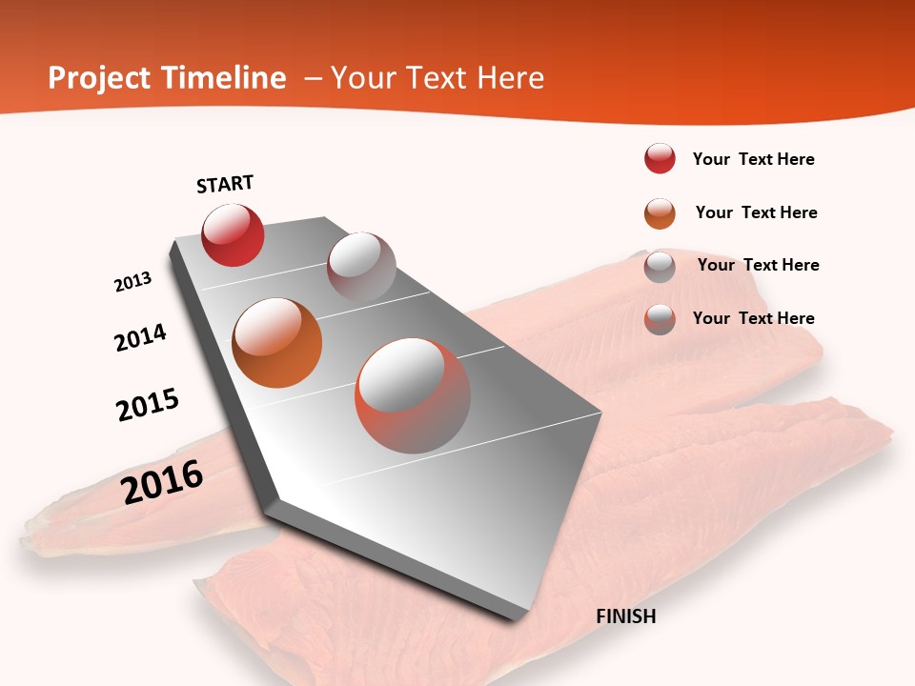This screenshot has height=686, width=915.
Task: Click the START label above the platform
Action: tap(225, 184)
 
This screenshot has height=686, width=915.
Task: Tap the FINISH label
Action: tap(626, 616)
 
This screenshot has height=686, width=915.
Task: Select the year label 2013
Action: tap(132, 282)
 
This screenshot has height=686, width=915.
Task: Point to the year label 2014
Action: tap(140, 337)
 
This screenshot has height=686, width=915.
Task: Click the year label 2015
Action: tap(148, 404)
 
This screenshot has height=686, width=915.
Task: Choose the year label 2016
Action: tap(162, 482)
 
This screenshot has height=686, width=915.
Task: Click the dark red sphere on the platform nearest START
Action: tap(233, 234)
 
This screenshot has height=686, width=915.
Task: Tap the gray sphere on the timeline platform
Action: tap(361, 267)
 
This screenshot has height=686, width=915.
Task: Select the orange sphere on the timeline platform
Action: tap(277, 343)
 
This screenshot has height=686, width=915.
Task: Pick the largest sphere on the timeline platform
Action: tap(413, 395)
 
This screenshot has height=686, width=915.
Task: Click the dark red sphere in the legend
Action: tap(660, 158)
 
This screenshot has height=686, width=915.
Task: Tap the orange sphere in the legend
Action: tap(660, 212)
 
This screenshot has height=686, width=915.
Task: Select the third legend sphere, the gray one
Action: tap(660, 266)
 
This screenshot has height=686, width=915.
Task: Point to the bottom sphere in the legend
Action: tap(660, 318)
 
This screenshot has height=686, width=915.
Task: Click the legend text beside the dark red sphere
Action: tap(753, 159)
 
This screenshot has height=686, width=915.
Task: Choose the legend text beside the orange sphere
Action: tap(756, 212)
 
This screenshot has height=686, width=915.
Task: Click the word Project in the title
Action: tap(100, 78)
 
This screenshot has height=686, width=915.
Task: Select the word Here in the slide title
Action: tap(511, 78)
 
